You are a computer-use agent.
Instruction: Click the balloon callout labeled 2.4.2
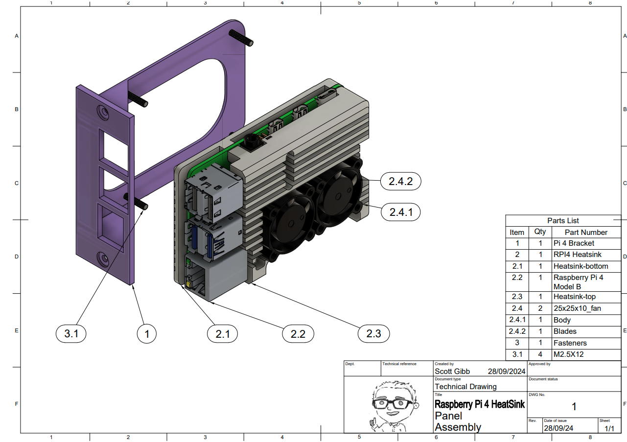[400, 181]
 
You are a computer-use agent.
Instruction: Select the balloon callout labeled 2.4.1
[400, 212]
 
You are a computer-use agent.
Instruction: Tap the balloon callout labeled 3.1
[71, 334]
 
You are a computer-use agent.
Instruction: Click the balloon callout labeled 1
[146, 334]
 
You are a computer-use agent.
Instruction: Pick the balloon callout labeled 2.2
[298, 334]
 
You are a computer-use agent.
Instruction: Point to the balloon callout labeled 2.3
[373, 334]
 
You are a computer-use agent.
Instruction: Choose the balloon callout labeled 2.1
[222, 334]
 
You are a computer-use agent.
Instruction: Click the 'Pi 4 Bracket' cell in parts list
[574, 243]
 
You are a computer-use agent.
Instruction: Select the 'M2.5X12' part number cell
[568, 354]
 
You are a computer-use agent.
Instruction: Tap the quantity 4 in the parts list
[540, 354]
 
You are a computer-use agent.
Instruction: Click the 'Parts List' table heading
[563, 221]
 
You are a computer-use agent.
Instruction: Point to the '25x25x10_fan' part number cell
[577, 308]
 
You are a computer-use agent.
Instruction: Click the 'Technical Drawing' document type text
[465, 386]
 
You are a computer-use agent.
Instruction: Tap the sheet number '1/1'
[609, 428]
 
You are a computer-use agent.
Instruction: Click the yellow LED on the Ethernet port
[188, 283]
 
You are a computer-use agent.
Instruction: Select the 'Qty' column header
[540, 232]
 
